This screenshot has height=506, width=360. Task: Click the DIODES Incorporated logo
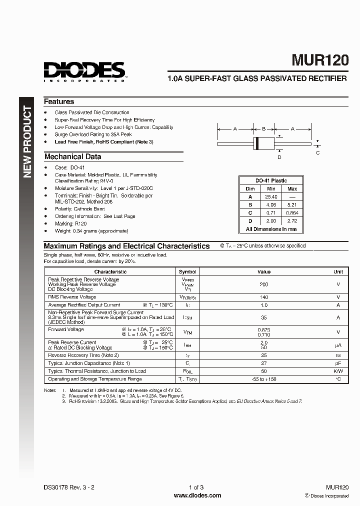pyautogui.click(x=84, y=70)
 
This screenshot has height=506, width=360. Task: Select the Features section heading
pyautogui.click(x=59, y=101)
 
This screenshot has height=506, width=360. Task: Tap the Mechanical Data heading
pyautogui.click(x=72, y=156)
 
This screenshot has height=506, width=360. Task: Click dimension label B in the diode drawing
pyautogui.click(x=263, y=128)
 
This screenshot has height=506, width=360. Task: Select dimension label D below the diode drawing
pyautogui.click(x=279, y=157)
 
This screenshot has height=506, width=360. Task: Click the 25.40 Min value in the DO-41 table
pyautogui.click(x=271, y=196)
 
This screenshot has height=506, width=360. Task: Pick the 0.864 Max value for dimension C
pyautogui.click(x=292, y=212)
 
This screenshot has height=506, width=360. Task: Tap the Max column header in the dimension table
pyautogui.click(x=292, y=188)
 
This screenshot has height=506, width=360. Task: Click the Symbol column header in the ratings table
pyautogui.click(x=187, y=271)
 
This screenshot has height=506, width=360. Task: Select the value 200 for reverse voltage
pyautogui.click(x=263, y=284)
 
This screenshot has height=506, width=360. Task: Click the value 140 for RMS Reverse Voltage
pyautogui.click(x=263, y=296)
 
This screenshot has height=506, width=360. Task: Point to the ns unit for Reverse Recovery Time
pyautogui.click(x=338, y=355)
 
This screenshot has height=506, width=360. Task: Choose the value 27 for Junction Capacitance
pyautogui.click(x=263, y=363)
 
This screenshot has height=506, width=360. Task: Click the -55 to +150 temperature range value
pyautogui.click(x=263, y=379)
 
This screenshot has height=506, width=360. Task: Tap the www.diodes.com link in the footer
pyautogui.click(x=197, y=495)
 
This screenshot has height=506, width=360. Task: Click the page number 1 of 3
pyautogui.click(x=197, y=487)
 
